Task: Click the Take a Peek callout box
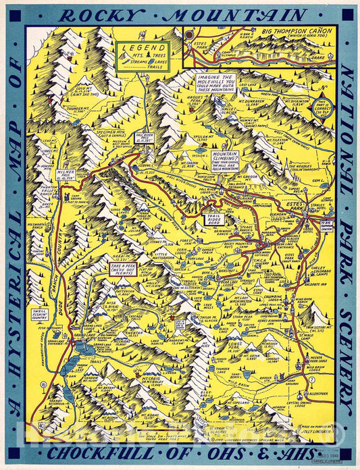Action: tap(125, 269)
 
